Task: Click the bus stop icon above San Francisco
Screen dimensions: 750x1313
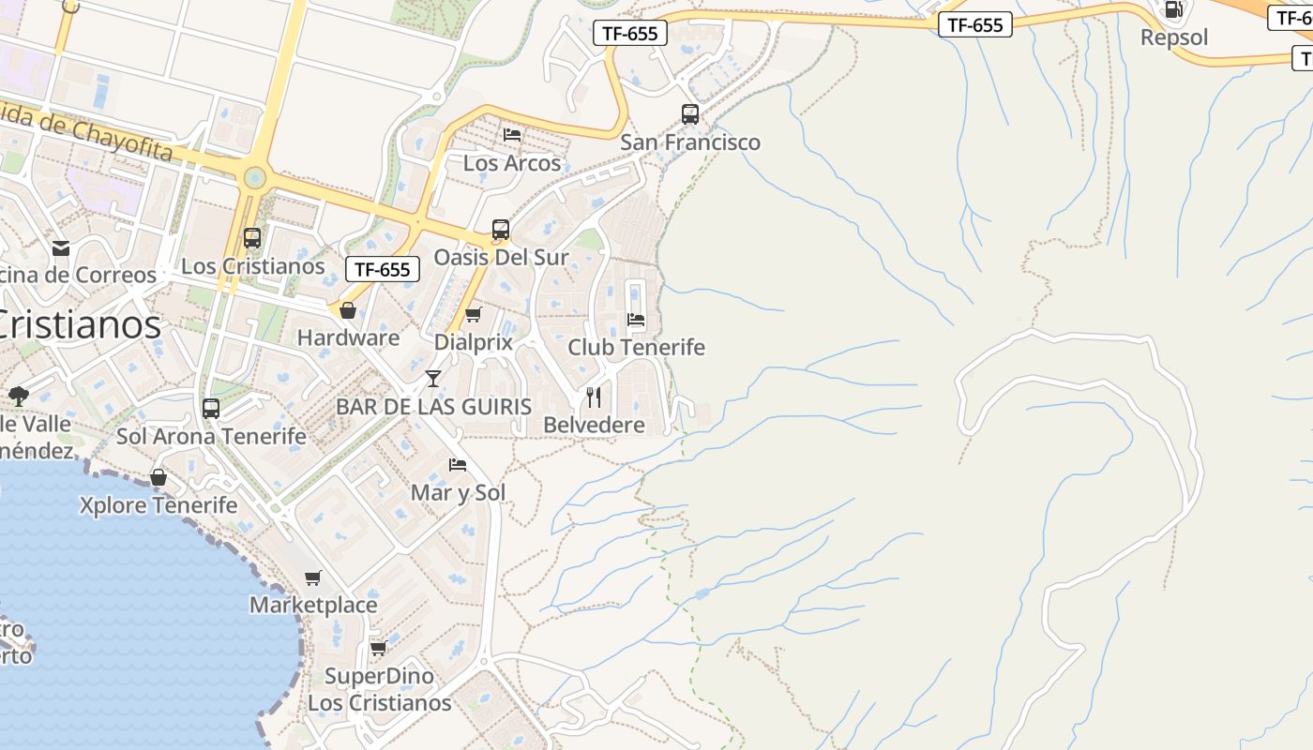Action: click(x=690, y=114)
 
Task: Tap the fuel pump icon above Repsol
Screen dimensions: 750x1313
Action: click(x=1172, y=10)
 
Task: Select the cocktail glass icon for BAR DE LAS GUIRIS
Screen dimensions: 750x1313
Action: click(x=432, y=379)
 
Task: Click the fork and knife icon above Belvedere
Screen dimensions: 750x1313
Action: click(x=594, y=397)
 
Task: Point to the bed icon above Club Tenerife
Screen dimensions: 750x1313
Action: click(x=636, y=319)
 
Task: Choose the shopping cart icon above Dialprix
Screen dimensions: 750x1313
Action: click(x=474, y=314)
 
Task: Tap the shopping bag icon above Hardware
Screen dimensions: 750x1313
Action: click(x=348, y=310)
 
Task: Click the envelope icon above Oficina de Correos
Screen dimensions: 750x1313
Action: click(x=61, y=247)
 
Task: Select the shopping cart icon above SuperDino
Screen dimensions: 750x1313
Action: click(x=378, y=648)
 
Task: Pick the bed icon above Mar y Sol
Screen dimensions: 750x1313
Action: click(x=458, y=464)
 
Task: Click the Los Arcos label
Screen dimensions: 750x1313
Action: click(x=512, y=163)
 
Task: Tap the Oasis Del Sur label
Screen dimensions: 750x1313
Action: click(x=501, y=257)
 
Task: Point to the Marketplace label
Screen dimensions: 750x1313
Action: click(x=313, y=605)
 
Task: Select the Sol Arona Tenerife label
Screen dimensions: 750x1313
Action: click(x=211, y=436)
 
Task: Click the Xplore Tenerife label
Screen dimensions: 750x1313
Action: click(x=158, y=505)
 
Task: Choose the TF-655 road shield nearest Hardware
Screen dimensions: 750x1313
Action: click(x=383, y=269)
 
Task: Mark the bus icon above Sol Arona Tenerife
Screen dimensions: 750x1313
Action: click(x=211, y=409)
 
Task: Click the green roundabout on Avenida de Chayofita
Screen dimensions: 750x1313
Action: click(x=254, y=177)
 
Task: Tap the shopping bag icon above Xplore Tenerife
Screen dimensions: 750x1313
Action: click(x=158, y=477)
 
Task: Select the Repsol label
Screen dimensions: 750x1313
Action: click(x=1174, y=37)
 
